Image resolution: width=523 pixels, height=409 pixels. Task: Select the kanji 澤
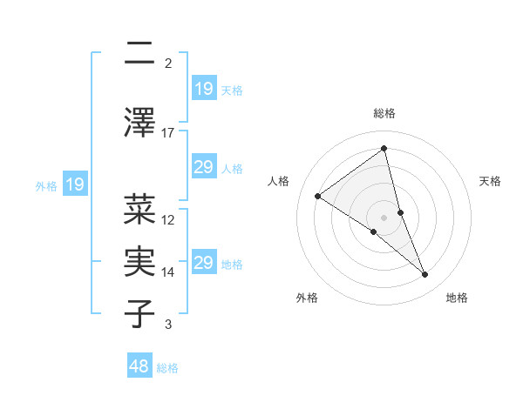point(140,121)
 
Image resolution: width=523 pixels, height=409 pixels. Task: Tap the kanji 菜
point(140,209)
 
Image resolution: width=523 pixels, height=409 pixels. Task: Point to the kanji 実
point(140,262)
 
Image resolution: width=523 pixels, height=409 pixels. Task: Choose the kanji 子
point(140,313)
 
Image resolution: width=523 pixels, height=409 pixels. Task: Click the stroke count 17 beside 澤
point(168,132)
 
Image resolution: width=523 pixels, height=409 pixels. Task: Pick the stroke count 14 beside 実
point(168,272)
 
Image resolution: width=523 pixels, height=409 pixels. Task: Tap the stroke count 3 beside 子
point(168,325)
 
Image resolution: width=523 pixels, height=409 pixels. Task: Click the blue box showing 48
point(140,366)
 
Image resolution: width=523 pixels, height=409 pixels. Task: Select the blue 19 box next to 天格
point(203,88)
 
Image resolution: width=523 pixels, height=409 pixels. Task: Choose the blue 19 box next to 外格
point(74,184)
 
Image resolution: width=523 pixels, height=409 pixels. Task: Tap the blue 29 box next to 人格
point(203,167)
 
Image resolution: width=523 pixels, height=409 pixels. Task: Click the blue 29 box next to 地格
point(203,263)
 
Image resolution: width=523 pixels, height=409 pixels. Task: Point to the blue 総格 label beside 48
point(167,368)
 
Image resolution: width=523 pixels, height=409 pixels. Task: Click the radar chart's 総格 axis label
point(384,113)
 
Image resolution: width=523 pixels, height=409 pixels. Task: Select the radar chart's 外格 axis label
point(307,298)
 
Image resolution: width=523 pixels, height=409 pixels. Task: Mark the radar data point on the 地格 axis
point(425,274)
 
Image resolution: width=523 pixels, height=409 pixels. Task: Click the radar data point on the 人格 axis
point(318,196)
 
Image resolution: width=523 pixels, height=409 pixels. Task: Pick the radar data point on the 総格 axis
point(384,149)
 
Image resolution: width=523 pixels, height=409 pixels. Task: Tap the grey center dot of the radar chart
point(384,217)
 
